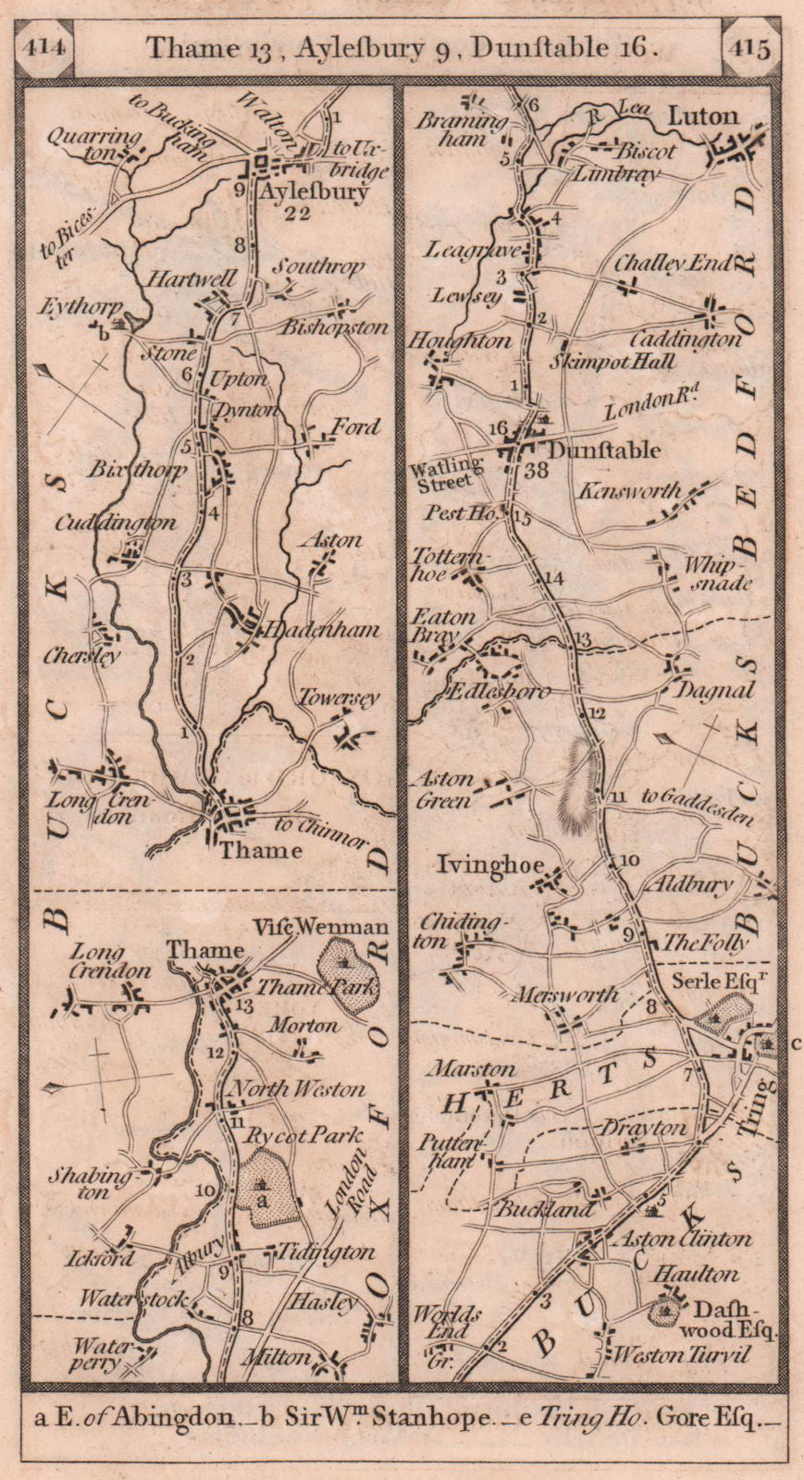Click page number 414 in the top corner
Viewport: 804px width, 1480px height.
click(43, 48)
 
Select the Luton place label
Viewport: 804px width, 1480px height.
click(702, 116)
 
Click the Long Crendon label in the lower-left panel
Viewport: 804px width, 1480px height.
click(110, 960)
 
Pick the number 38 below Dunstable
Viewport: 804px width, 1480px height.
click(536, 470)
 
